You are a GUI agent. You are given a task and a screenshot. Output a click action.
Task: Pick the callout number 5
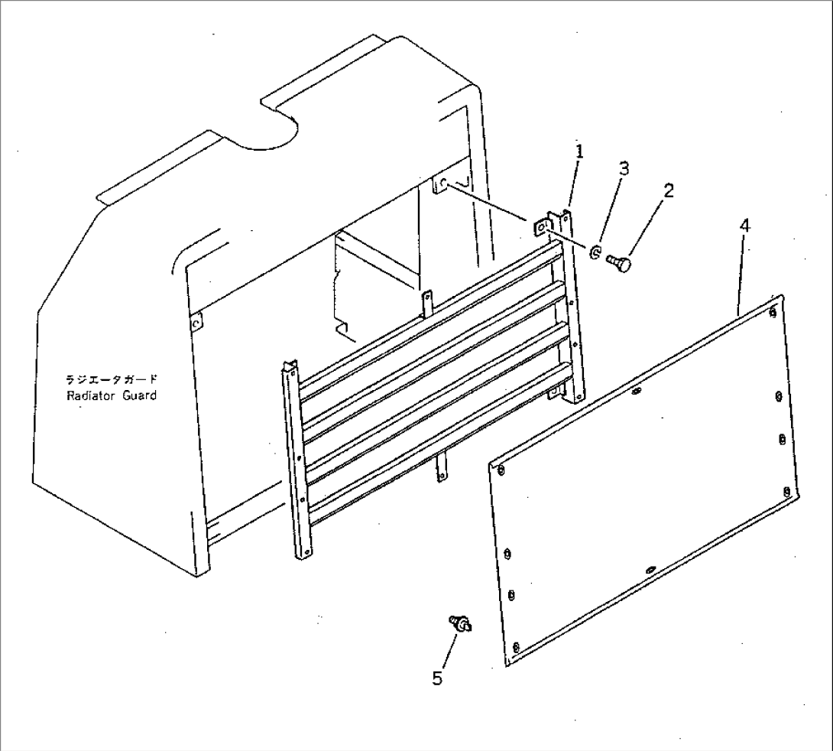[436, 678]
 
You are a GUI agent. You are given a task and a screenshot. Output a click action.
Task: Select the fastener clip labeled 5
[462, 625]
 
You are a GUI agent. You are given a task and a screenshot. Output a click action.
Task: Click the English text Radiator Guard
[112, 395]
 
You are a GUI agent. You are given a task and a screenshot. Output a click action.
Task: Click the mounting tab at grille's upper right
[540, 227]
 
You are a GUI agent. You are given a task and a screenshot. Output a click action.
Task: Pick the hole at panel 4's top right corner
[773, 312]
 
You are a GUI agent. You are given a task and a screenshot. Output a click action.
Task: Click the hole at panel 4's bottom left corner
[516, 648]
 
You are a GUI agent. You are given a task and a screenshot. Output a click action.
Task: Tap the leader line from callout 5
[448, 650]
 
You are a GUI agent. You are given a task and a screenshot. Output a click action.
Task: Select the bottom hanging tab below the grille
[440, 467]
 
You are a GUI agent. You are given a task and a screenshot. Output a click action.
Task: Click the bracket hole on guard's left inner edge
[197, 323]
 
